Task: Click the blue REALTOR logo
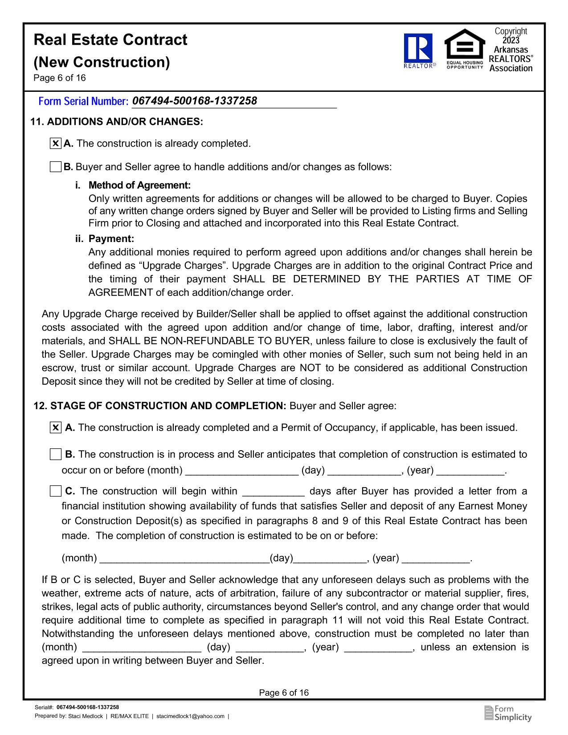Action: point(418,50)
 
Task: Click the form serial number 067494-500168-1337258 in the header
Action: point(195,101)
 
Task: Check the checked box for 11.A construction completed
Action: point(55,144)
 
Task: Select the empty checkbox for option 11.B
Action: point(55,167)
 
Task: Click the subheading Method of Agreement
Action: point(139,185)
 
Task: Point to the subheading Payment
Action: point(111,239)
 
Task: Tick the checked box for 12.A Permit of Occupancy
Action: point(55,428)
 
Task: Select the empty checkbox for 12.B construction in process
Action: point(55,455)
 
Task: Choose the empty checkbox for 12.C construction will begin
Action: point(55,491)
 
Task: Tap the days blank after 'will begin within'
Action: point(273,492)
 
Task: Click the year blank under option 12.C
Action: point(436,559)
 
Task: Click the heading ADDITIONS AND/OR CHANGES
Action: point(125,122)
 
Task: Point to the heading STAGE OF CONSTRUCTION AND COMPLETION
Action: point(168,406)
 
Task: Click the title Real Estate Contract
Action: point(110,40)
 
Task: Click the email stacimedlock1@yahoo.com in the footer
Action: point(191,716)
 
